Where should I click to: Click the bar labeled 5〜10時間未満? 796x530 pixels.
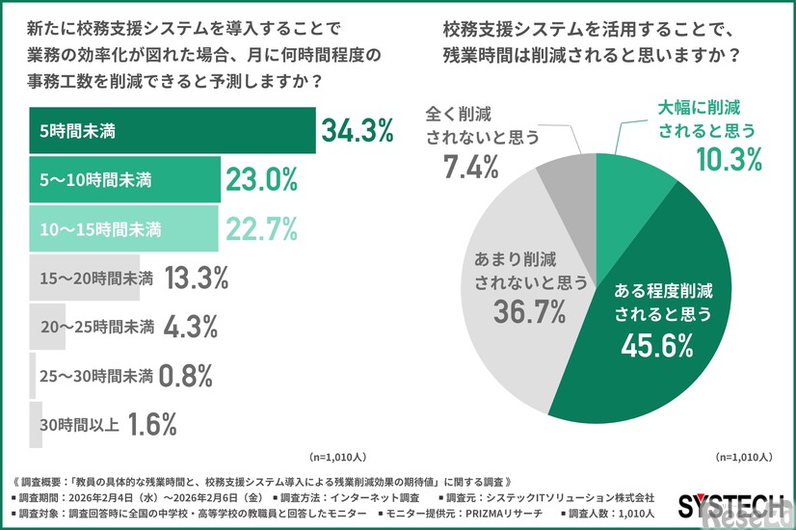[124, 179]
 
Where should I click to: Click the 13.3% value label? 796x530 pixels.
[197, 278]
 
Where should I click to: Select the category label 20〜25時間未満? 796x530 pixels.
[96, 328]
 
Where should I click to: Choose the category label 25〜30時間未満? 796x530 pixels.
[96, 377]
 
